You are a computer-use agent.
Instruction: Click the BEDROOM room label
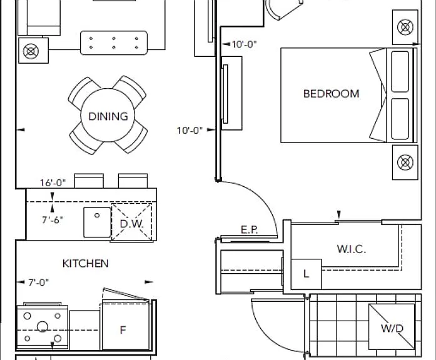(331, 94)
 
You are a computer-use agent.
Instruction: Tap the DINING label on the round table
(108, 116)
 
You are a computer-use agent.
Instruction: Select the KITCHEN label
(85, 263)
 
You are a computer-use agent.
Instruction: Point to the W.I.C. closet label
(351, 249)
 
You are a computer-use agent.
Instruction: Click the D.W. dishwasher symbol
(132, 222)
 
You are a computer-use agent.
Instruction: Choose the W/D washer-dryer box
(392, 327)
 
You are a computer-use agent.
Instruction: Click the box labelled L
(306, 274)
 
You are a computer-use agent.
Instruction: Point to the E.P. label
(249, 230)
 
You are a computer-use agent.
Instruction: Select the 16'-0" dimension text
(53, 182)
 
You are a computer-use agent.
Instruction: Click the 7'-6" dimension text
(53, 220)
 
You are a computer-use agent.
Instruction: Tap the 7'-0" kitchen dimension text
(38, 282)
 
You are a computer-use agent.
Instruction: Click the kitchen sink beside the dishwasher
(97, 222)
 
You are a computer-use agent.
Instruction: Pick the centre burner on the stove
(43, 327)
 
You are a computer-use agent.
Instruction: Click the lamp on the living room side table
(31, 51)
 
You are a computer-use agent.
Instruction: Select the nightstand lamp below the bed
(405, 162)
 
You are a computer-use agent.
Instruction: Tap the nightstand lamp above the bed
(405, 27)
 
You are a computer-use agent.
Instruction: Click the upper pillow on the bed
(400, 71)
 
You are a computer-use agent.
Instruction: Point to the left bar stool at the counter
(89, 181)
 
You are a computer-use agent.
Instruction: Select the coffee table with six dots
(114, 42)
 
